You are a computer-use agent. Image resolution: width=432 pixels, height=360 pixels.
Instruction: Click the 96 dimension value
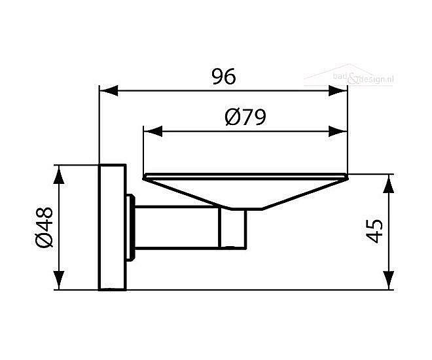pos(223,77)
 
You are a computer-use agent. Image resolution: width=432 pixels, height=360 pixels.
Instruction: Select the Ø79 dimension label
pos(244,118)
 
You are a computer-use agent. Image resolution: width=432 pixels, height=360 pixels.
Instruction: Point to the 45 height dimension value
pos(374,231)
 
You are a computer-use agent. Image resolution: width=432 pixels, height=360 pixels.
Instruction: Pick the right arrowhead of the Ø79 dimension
pos(340,131)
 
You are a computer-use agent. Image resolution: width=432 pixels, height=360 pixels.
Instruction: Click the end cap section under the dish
pos(233,230)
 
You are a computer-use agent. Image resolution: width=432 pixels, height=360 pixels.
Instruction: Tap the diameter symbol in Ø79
pos(230,118)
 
